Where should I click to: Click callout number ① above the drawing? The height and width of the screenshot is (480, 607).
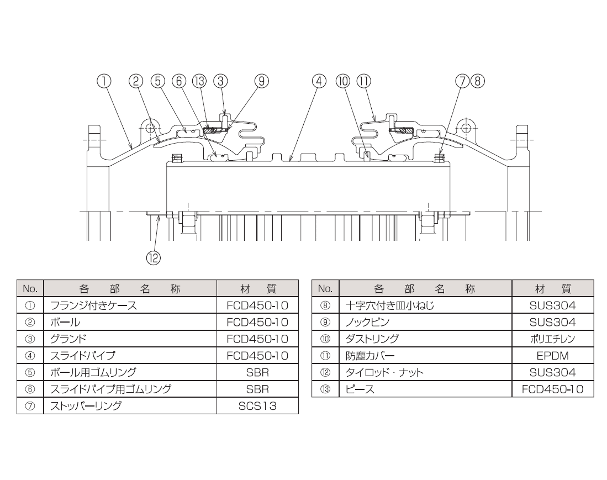pyautogui.click(x=104, y=81)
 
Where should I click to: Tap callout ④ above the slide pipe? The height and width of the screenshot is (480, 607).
pyautogui.click(x=319, y=81)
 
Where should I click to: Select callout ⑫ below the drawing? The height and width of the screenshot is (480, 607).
pyautogui.click(x=154, y=258)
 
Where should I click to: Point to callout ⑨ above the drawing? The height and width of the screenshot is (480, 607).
pyautogui.click(x=261, y=81)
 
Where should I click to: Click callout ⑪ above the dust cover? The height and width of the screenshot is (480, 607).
pyautogui.click(x=363, y=81)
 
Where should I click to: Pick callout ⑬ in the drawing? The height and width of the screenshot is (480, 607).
pyautogui.click(x=199, y=81)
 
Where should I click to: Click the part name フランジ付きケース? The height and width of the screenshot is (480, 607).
pyautogui.click(x=94, y=305)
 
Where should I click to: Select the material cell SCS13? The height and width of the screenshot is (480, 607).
pyautogui.click(x=257, y=405)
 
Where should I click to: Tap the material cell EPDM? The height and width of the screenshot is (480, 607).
pyautogui.click(x=552, y=356)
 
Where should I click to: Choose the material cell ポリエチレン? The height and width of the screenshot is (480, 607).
pyautogui.click(x=552, y=339)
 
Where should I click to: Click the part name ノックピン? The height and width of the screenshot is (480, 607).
pyautogui.click(x=367, y=322)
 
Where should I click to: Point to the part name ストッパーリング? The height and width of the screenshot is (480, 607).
pyautogui.click(x=86, y=405)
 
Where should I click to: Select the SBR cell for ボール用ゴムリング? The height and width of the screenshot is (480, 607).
pyautogui.click(x=257, y=372)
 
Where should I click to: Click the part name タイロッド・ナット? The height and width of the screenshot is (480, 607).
pyautogui.click(x=384, y=372)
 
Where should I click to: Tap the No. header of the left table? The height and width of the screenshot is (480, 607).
pyautogui.click(x=30, y=289)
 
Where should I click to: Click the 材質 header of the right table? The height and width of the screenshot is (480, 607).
pyautogui.click(x=553, y=289)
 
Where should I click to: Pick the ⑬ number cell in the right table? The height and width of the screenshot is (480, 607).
pyautogui.click(x=325, y=389)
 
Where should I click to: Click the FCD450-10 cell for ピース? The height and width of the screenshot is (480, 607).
pyautogui.click(x=552, y=389)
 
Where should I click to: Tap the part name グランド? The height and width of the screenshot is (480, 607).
pyautogui.click(x=68, y=339)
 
